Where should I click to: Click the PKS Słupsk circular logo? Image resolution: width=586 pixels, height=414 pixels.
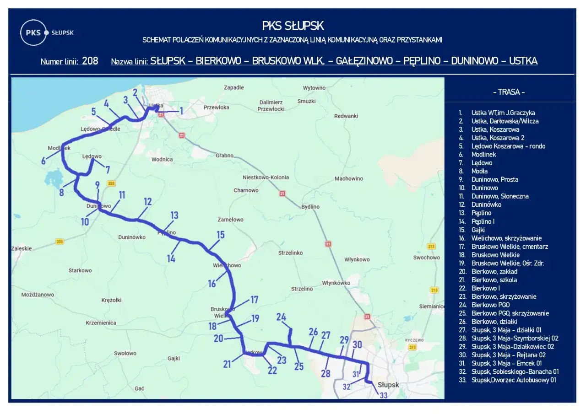click(33, 32)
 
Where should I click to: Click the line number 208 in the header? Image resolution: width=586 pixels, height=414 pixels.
click(90, 61)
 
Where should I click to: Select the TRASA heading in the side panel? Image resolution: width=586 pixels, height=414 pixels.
click(509, 92)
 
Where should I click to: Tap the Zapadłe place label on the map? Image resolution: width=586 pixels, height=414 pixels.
click(233, 87)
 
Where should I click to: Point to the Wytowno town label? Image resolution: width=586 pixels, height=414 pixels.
click(314, 88)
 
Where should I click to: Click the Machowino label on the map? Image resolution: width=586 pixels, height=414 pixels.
click(348, 178)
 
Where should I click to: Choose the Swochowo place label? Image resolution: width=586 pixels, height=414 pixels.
click(426, 258)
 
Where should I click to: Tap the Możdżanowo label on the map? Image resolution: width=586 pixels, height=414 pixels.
click(38, 295)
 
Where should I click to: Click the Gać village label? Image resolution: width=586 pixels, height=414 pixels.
click(140, 388)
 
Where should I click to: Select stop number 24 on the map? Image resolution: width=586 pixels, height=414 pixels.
click(281, 317)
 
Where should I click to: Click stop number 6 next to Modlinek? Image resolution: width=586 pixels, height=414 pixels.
click(43, 161)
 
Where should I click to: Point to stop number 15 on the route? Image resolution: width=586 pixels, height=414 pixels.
click(220, 235)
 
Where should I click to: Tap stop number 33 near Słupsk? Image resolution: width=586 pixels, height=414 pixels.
click(384, 396)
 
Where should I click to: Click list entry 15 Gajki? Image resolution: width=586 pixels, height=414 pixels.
click(477, 230)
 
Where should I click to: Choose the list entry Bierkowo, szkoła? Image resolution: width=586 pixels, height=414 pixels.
click(494, 280)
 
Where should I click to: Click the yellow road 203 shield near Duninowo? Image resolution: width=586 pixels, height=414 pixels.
click(110, 183)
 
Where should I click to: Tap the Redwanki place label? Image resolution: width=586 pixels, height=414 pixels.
click(346, 116)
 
